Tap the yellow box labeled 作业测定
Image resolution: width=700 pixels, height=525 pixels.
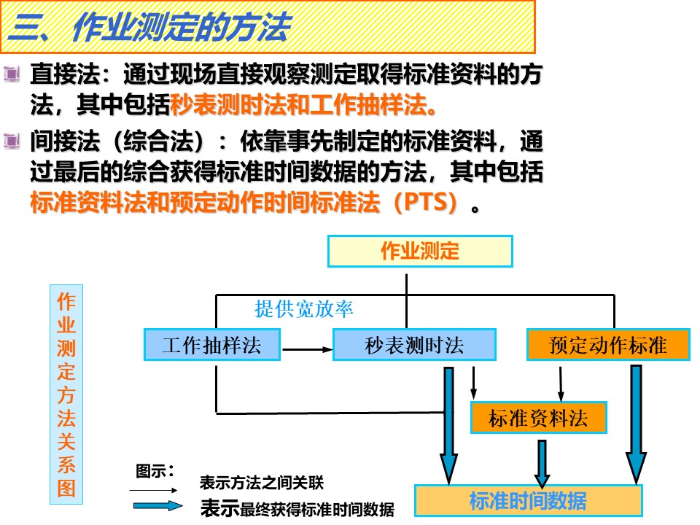tap(420, 252)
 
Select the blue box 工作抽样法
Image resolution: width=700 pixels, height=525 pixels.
tap(212, 345)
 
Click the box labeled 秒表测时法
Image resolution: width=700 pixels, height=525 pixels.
tap(414, 345)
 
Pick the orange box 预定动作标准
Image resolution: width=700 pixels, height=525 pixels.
tap(608, 345)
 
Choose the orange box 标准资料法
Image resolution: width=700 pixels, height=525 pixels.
tap(538, 418)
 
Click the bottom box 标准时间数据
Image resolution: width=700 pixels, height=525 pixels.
tap(528, 500)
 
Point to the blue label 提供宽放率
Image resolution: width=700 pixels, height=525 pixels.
tap(303, 309)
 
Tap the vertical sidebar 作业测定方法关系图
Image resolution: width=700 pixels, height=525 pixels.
tap(66, 394)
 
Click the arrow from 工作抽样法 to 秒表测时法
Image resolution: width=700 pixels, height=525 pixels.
tap(308, 349)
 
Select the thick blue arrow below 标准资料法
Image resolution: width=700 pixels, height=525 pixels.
tap(542, 464)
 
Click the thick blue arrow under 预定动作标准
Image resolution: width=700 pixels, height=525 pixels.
tap(636, 424)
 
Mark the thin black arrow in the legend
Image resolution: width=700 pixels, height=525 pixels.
tap(154, 490)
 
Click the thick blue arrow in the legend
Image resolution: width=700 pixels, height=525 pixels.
tap(158, 506)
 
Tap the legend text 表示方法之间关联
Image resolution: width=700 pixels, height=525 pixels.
tap(262, 483)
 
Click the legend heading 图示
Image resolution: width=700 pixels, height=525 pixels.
tap(155, 471)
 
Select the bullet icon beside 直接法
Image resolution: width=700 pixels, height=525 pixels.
tap(12, 74)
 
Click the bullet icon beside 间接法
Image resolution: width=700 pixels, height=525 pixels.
tap(12, 141)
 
